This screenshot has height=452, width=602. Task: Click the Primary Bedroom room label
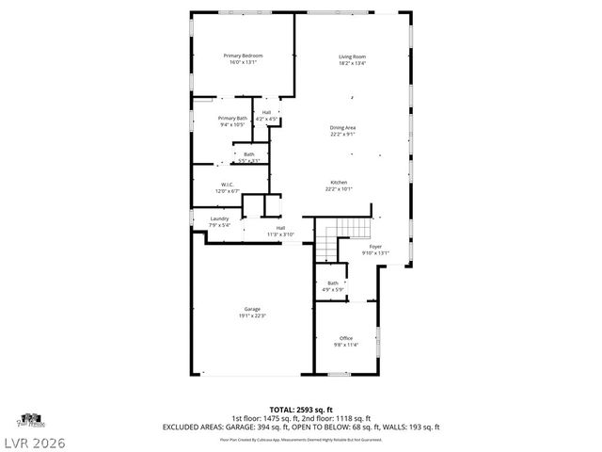[x=243, y=56]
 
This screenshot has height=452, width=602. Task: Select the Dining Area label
[x=342, y=127]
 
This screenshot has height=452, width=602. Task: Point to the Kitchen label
[x=339, y=182]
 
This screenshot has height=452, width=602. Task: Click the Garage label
[x=252, y=309]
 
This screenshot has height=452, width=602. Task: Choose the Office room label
[x=346, y=338]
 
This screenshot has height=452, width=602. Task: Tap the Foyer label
[x=375, y=246]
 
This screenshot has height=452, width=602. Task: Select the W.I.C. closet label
[x=228, y=185]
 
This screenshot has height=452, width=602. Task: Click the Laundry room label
[x=218, y=218]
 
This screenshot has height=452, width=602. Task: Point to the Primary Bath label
[x=231, y=118]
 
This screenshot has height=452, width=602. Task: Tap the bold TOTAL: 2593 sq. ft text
[x=301, y=410]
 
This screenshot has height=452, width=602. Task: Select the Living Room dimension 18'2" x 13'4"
[x=352, y=63]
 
